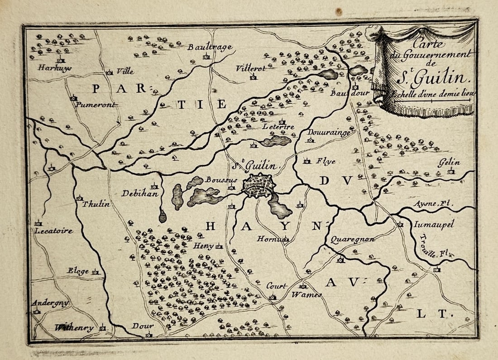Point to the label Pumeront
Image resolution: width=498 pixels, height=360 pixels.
point(96,105)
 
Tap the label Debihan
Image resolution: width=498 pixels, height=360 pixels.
point(140,194)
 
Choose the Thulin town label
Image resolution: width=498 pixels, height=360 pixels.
point(96,205)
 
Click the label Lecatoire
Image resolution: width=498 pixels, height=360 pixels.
point(53,231)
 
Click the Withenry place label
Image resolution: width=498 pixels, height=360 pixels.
point(74,327)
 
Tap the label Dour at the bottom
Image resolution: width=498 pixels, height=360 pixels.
point(143,326)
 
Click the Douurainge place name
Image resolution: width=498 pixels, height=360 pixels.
point(329,133)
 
